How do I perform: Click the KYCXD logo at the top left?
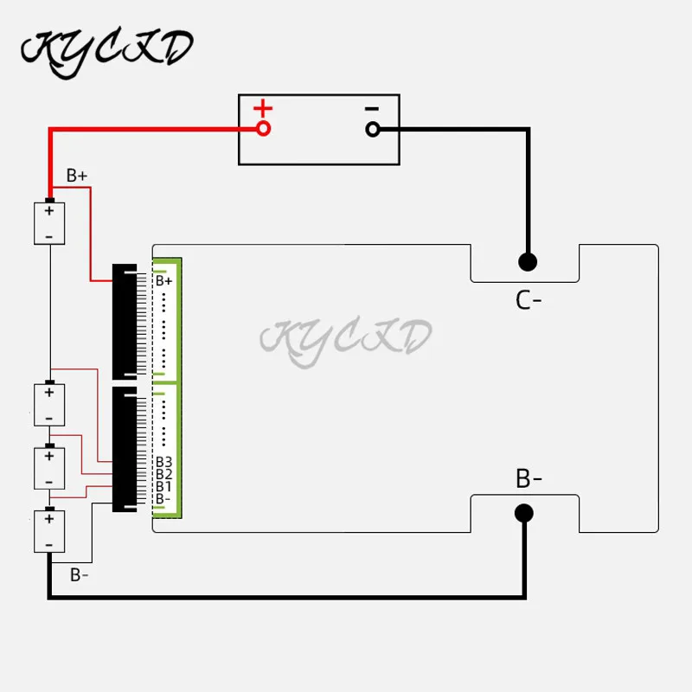106,49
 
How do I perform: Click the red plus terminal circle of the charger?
263,129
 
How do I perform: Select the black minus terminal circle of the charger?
373,129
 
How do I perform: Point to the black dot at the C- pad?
526,260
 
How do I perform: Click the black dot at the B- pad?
524,514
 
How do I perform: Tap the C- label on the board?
529,300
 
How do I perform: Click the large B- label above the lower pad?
529,478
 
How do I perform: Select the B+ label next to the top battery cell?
77,176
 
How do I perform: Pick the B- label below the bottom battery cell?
80,573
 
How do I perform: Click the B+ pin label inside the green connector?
164,280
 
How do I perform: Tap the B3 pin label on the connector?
164,461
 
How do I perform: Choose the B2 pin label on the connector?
164,474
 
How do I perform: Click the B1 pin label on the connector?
164,486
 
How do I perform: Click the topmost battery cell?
49,223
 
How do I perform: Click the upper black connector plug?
125,323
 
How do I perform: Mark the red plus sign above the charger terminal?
262,109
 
